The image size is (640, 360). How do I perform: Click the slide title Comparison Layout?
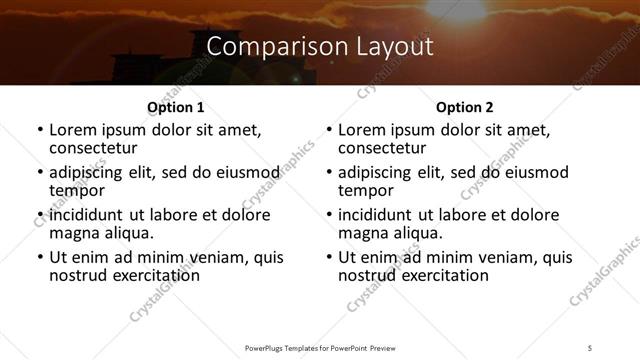coord(320,46)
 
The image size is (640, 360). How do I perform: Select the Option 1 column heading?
coord(176,107)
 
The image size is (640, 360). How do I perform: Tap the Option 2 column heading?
coord(465,107)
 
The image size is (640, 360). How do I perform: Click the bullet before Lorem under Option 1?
coord(39,130)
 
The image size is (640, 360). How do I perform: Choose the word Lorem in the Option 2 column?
coord(362,130)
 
